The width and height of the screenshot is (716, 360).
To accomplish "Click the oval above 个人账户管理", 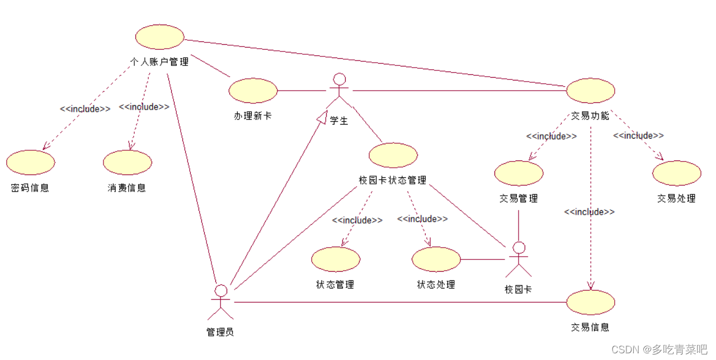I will coord(160,37).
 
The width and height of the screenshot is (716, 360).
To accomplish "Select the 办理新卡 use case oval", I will coord(253,91).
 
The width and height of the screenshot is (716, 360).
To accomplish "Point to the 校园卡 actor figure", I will coord(519,260).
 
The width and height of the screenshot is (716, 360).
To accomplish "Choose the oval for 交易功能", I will coord(591,91).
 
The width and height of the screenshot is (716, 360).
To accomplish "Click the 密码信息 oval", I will coord(31,163).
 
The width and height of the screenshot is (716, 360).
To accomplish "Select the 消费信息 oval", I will coord(128,163).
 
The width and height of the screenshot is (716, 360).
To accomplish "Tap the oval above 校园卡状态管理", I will coord(393,155).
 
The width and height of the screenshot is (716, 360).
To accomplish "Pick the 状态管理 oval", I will coord(336,259).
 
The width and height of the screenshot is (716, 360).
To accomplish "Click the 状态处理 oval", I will coord(436,259).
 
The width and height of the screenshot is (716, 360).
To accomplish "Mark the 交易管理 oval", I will coord(519,173).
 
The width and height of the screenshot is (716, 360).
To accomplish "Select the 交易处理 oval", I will coord(676,173).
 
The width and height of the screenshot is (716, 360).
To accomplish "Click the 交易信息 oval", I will coord(591,302).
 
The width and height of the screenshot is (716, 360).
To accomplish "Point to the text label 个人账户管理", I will coord(160,61).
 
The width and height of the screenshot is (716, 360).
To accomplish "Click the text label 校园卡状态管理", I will coord(393,180).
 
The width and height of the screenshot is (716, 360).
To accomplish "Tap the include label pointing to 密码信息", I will coord(85,109).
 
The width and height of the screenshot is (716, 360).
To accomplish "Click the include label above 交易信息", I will coord(590,212).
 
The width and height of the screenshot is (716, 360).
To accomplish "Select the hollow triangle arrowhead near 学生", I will coord(321,117).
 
